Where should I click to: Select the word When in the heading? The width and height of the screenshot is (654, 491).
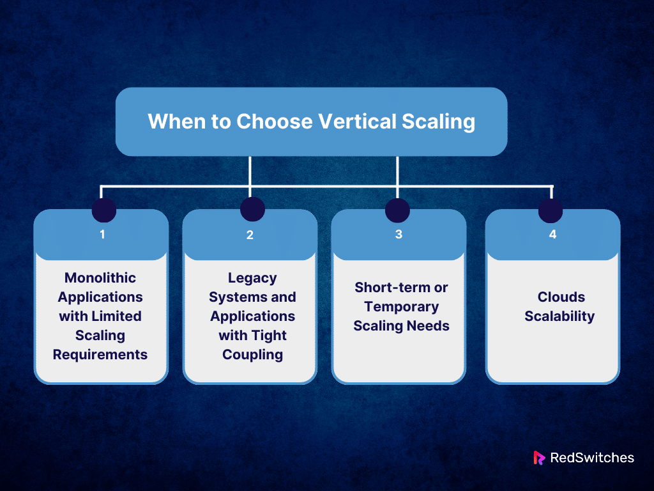(169, 121)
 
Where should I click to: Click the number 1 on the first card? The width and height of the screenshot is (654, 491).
(102, 234)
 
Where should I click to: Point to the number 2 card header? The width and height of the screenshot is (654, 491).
(250, 235)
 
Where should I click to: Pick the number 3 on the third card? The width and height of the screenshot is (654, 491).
(399, 234)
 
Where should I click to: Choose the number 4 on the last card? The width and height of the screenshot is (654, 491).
(552, 234)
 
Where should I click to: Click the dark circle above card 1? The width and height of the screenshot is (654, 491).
(104, 210)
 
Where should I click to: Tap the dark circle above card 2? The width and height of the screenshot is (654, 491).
(252, 209)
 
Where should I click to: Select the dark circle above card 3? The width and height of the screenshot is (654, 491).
(397, 210)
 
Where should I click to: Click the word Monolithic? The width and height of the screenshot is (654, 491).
(100, 278)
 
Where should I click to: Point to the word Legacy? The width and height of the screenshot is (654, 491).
(252, 278)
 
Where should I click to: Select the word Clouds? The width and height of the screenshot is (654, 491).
(561, 297)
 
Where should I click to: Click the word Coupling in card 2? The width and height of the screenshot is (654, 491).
(252, 354)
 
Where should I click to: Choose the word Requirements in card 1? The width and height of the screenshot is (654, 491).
(100, 354)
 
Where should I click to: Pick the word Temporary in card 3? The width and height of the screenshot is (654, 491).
(402, 307)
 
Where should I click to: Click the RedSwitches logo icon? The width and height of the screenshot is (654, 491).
(539, 458)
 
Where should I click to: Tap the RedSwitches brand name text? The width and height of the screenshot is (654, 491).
(591, 458)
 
